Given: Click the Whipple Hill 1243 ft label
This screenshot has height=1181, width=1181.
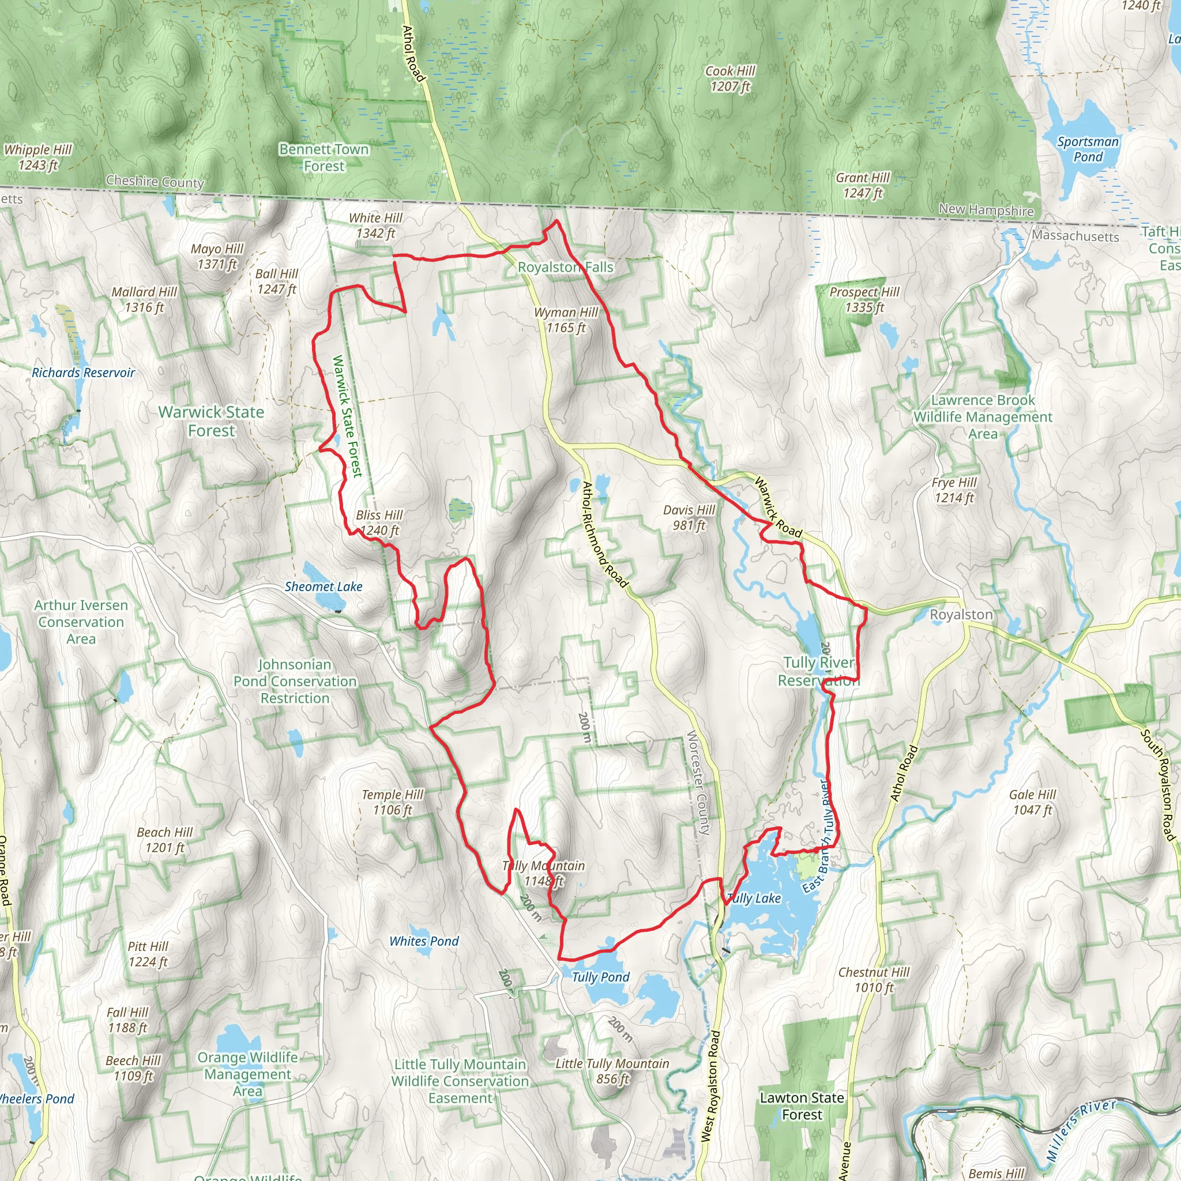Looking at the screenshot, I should click(38, 157).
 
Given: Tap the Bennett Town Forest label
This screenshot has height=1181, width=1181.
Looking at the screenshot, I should click(324, 157).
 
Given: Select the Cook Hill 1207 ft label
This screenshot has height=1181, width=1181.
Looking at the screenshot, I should click(730, 79).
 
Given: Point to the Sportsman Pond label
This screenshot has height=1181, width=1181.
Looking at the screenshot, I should click(1088, 149).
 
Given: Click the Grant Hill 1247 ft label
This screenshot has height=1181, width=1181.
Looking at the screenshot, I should click(863, 185).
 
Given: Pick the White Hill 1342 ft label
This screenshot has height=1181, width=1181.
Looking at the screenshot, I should click(375, 225).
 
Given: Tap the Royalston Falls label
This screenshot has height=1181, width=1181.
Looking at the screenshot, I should click(566, 267).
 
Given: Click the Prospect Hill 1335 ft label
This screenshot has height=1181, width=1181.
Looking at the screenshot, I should click(864, 299).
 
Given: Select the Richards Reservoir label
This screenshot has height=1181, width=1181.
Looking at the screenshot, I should click(83, 373).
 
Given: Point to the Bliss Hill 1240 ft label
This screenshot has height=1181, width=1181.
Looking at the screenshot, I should click(379, 522).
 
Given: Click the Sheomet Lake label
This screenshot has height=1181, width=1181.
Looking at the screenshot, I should click(324, 587).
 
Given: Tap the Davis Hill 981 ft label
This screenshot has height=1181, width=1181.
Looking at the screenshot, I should click(689, 517).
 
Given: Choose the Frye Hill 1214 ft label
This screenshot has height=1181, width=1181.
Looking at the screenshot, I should click(954, 490).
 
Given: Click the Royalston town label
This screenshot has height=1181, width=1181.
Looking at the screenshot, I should click(961, 614).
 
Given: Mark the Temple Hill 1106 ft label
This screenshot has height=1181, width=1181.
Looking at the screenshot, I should click(393, 802).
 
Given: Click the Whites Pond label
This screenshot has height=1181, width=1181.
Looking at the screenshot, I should click(424, 941).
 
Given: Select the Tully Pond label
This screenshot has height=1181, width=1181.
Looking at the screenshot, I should click(600, 977).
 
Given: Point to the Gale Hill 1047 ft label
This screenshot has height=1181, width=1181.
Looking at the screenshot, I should click(1032, 802).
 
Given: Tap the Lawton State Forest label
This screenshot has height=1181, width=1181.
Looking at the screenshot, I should click(802, 1106).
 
